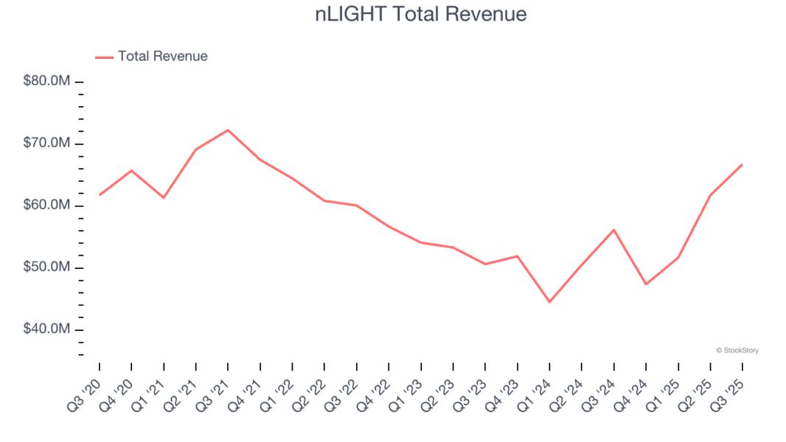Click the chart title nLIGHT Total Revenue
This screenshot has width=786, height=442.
(421, 14)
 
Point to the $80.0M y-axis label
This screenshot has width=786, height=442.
(46, 81)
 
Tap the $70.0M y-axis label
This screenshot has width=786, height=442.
(46, 143)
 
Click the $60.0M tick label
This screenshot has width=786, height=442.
(46, 205)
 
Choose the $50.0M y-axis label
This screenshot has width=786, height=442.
(46, 267)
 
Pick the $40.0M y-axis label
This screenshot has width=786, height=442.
(46, 329)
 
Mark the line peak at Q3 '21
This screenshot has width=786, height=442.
(228, 130)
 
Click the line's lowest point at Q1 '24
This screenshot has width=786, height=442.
(549, 301)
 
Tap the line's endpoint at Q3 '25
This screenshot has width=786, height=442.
(742, 164)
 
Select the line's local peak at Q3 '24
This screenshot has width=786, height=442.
(613, 230)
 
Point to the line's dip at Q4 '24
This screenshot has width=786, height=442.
(646, 284)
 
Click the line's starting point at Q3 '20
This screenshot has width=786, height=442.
(100, 194)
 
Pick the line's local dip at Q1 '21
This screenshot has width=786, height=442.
(164, 197)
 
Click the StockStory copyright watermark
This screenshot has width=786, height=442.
(737, 351)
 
